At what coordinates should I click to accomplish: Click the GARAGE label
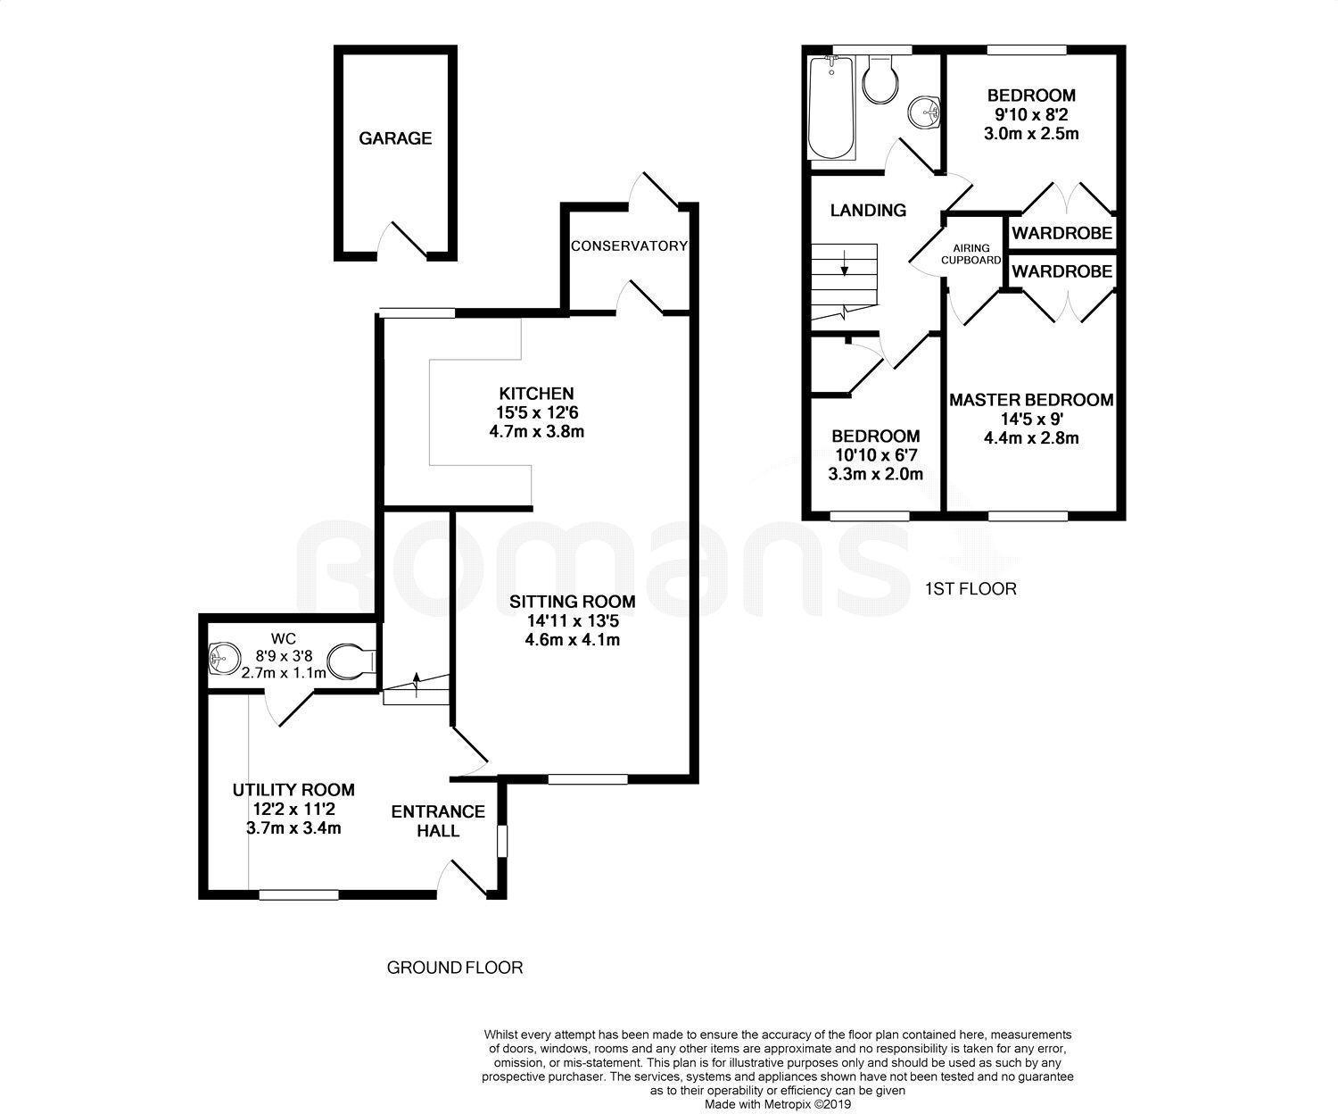click(x=395, y=138)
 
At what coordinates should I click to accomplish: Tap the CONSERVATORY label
click(x=629, y=245)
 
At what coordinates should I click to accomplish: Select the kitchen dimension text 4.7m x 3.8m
click(x=537, y=432)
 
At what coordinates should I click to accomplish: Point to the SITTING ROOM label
click(x=573, y=602)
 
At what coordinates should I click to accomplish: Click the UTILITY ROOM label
click(x=293, y=790)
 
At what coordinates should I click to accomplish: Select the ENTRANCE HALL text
click(x=438, y=821)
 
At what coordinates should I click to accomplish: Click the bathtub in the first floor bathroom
click(x=831, y=107)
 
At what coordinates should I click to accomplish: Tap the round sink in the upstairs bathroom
click(x=924, y=112)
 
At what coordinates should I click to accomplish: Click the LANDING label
click(x=868, y=211)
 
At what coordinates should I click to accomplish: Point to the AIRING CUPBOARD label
click(x=970, y=254)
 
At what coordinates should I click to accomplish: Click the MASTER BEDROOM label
click(x=1031, y=400)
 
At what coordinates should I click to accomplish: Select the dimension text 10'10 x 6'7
click(x=876, y=455)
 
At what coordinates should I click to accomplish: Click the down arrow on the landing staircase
click(x=845, y=263)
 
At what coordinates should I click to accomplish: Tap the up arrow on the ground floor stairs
click(x=417, y=685)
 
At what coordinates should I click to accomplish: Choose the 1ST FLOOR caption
click(x=970, y=589)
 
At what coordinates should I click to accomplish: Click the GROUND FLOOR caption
click(x=455, y=967)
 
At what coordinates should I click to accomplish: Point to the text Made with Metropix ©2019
click(x=778, y=1104)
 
